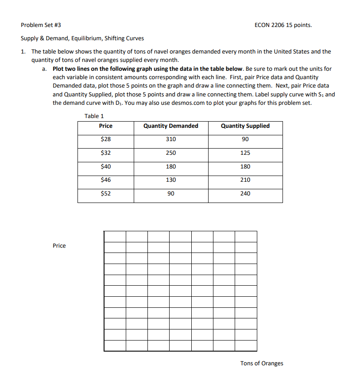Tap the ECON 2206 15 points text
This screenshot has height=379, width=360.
(283, 25)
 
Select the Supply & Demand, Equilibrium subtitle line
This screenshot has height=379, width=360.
(82, 38)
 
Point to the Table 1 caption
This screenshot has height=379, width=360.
(94, 116)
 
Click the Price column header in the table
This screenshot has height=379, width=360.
(106, 126)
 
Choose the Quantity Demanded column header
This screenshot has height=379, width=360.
(171, 126)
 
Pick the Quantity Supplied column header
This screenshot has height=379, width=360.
(245, 126)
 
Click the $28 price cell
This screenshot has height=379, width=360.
(106, 139)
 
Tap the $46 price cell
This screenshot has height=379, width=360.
(106, 180)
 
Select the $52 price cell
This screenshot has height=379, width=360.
(106, 194)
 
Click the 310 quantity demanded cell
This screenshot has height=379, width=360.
(171, 139)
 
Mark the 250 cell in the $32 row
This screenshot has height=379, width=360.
(171, 153)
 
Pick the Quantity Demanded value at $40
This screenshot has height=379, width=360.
(171, 167)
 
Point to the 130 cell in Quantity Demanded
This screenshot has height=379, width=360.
(171, 180)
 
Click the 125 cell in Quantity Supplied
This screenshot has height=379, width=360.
(245, 153)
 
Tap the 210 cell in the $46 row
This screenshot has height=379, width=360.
(245, 180)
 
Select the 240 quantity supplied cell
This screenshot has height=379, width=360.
(245, 194)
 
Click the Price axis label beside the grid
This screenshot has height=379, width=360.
(59, 246)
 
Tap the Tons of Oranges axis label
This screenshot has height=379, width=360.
(262, 364)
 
